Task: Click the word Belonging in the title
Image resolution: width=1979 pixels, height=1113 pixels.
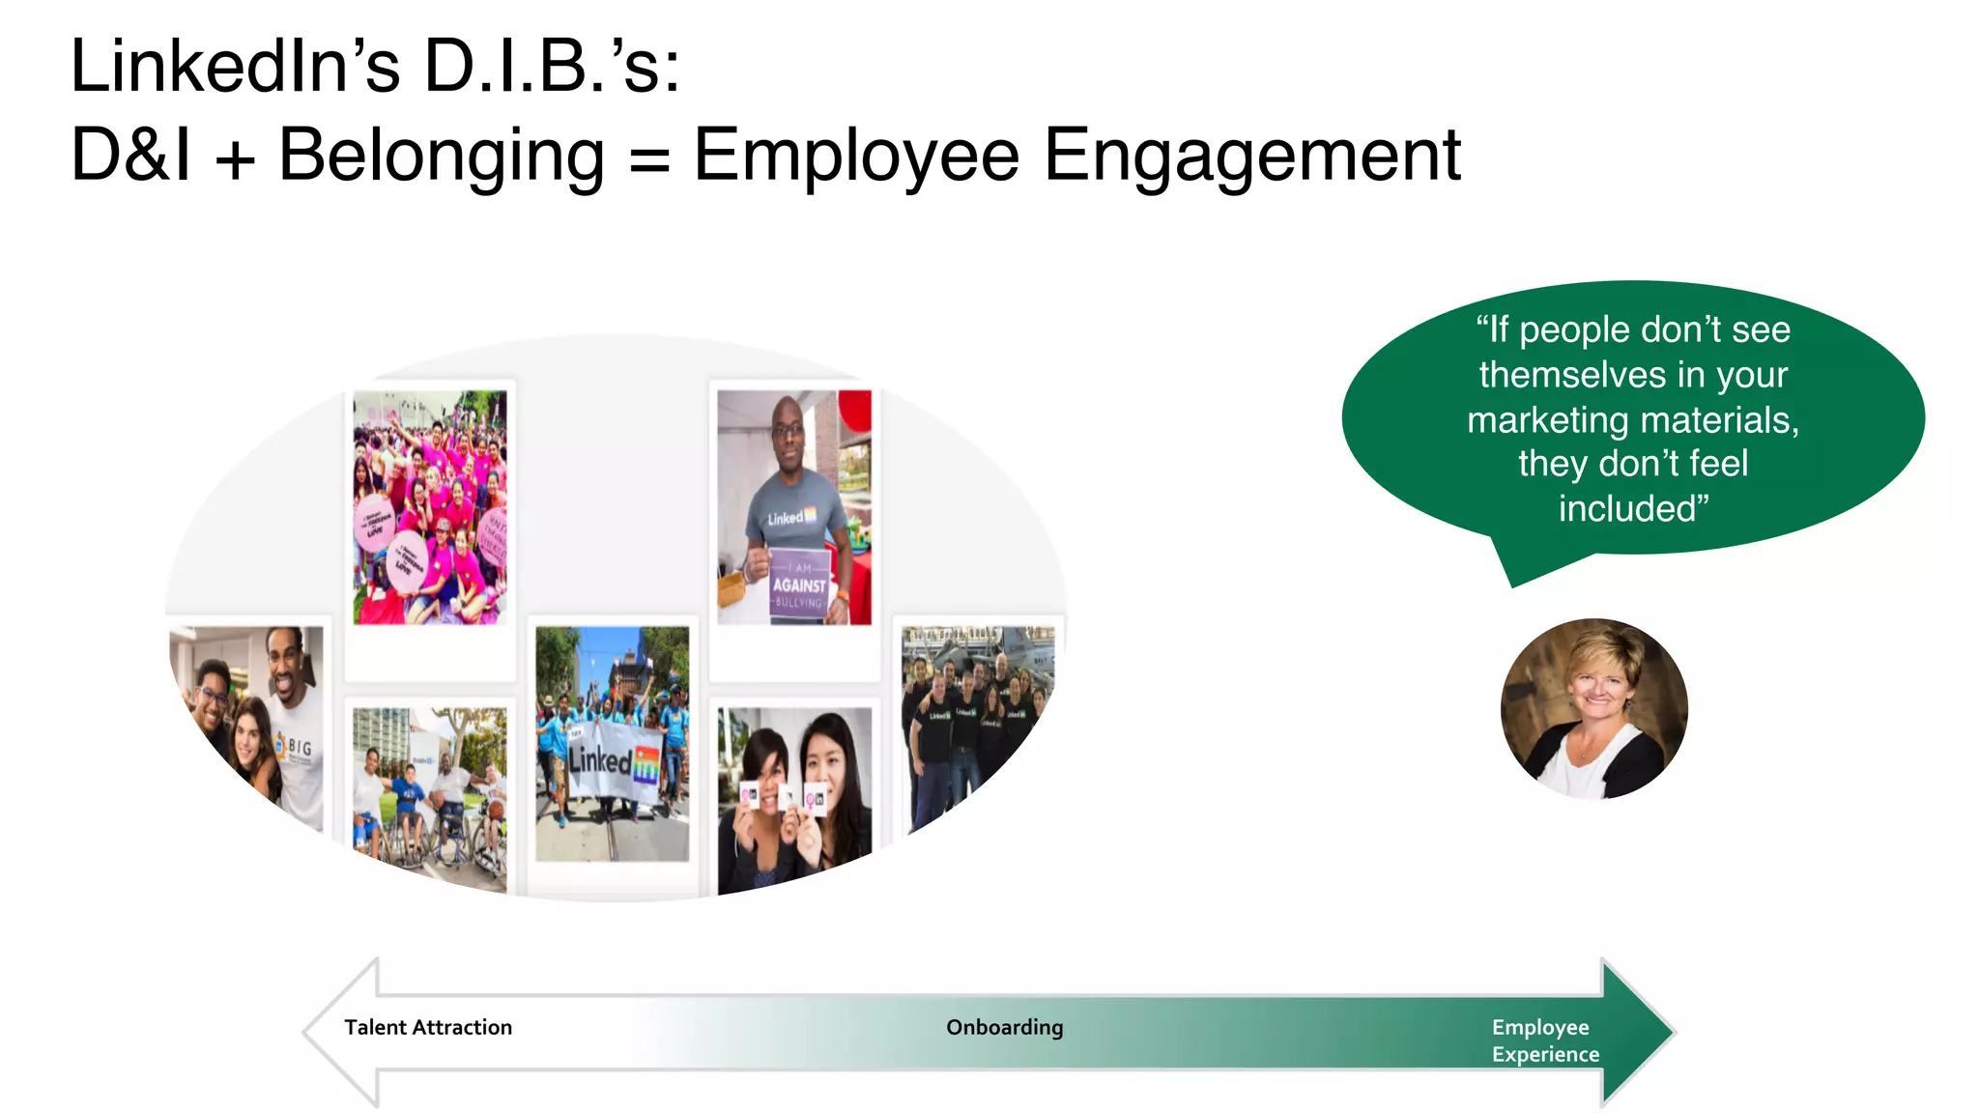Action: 441,156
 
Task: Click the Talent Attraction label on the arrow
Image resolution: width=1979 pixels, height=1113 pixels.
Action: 428,1027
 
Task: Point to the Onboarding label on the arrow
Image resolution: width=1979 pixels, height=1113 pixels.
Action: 1004,1027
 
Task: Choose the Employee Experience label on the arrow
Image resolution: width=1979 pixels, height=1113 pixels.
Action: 1544,1041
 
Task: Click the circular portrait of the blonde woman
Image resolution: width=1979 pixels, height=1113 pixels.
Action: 1593,709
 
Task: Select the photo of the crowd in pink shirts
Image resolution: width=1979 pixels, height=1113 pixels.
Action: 429,507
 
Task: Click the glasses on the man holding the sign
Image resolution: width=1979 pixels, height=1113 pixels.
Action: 788,430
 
